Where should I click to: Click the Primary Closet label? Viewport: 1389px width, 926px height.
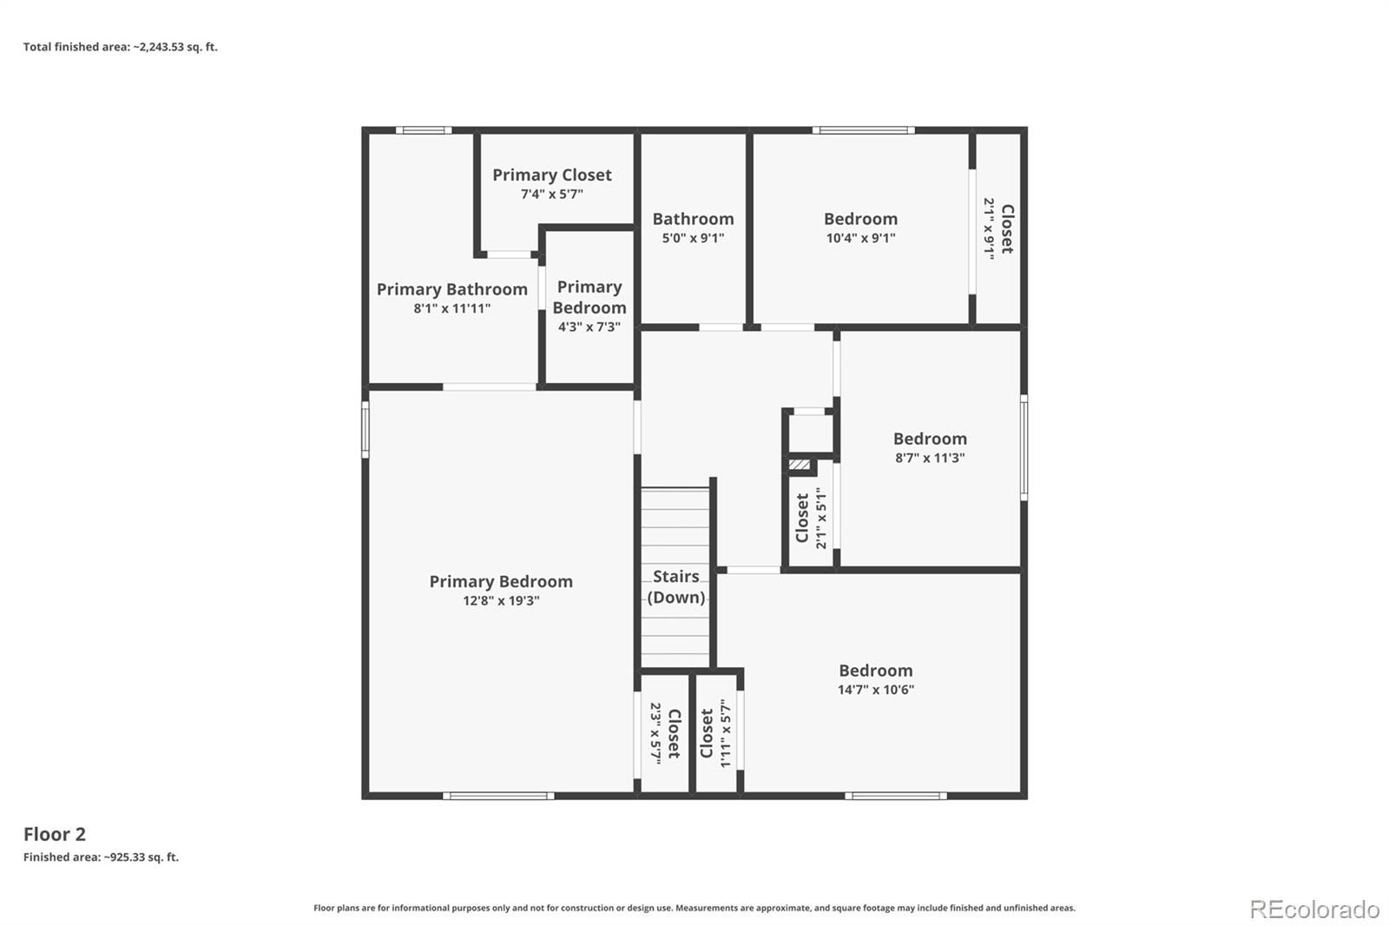(552, 175)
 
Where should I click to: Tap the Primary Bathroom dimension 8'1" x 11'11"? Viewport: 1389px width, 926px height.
(452, 308)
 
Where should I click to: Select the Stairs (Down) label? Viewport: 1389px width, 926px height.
(676, 586)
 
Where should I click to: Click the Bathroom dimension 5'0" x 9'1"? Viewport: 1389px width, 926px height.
(693, 238)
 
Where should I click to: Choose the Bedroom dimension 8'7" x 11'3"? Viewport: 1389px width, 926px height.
(930, 458)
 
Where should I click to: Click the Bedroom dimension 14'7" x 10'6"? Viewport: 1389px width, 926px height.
(876, 690)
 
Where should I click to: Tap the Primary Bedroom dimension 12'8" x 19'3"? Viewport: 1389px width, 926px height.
(501, 601)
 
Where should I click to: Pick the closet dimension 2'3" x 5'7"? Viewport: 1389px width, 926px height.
(656, 733)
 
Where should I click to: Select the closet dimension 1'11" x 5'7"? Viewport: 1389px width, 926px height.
(726, 733)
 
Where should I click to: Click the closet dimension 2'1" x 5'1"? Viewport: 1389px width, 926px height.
(821, 518)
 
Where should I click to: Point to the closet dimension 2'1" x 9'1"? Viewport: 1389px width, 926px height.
(989, 228)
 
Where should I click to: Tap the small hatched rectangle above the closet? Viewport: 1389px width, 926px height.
(800, 464)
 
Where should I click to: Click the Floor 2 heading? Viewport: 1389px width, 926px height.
(55, 834)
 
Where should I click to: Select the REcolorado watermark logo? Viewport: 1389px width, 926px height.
(1314, 909)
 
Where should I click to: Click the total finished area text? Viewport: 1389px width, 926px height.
(121, 47)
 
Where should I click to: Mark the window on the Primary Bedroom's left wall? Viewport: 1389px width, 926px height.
(365, 429)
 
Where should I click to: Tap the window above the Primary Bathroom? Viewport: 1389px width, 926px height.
(424, 130)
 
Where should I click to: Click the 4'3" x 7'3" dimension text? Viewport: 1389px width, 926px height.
(589, 327)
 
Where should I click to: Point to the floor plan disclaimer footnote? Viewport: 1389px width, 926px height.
(694, 908)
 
